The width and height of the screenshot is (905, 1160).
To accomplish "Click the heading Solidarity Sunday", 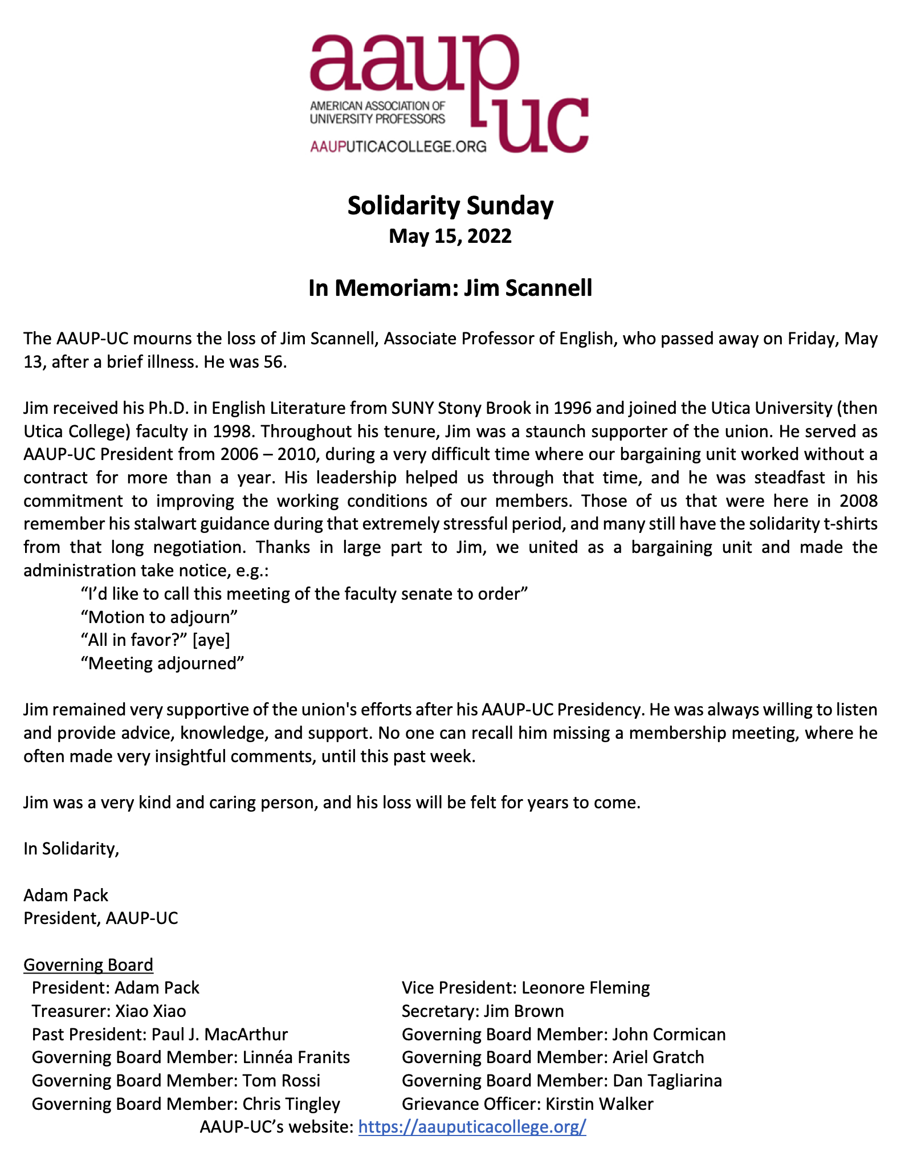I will (450, 206).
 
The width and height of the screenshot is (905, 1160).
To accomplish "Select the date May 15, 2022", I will (450, 236).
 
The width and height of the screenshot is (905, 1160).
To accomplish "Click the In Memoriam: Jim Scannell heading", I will (450, 288).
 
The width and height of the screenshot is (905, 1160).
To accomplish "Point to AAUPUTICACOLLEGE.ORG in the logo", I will (398, 146).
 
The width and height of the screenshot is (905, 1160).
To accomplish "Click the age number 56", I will (272, 362).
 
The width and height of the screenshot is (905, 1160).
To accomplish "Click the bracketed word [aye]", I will (211, 640).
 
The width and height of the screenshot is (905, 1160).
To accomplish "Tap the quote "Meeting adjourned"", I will (162, 663).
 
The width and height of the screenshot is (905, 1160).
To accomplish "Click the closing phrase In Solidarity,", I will (71, 849).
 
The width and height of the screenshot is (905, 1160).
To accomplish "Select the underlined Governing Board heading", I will (88, 964).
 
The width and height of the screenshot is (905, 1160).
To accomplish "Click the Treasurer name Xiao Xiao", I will (150, 1011).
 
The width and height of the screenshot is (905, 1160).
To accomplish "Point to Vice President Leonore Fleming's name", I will (585, 988).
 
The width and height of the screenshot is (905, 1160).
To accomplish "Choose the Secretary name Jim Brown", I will (524, 1011).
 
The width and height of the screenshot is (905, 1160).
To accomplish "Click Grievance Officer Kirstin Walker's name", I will (600, 1104).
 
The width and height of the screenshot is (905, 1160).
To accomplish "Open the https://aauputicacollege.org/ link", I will (472, 1127).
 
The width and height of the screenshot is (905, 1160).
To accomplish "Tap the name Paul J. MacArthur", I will (219, 1035).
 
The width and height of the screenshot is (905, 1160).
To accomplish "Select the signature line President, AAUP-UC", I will (101, 918).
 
